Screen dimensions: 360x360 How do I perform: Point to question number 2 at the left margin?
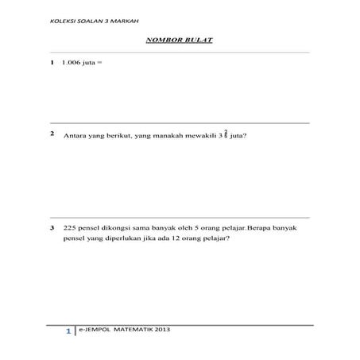coord(52,134)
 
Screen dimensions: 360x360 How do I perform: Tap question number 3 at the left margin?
coord(52,229)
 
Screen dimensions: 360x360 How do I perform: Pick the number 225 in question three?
coord(70,229)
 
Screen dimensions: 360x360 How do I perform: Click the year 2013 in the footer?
coord(161,327)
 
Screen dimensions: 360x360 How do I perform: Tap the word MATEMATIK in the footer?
coord(132,327)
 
